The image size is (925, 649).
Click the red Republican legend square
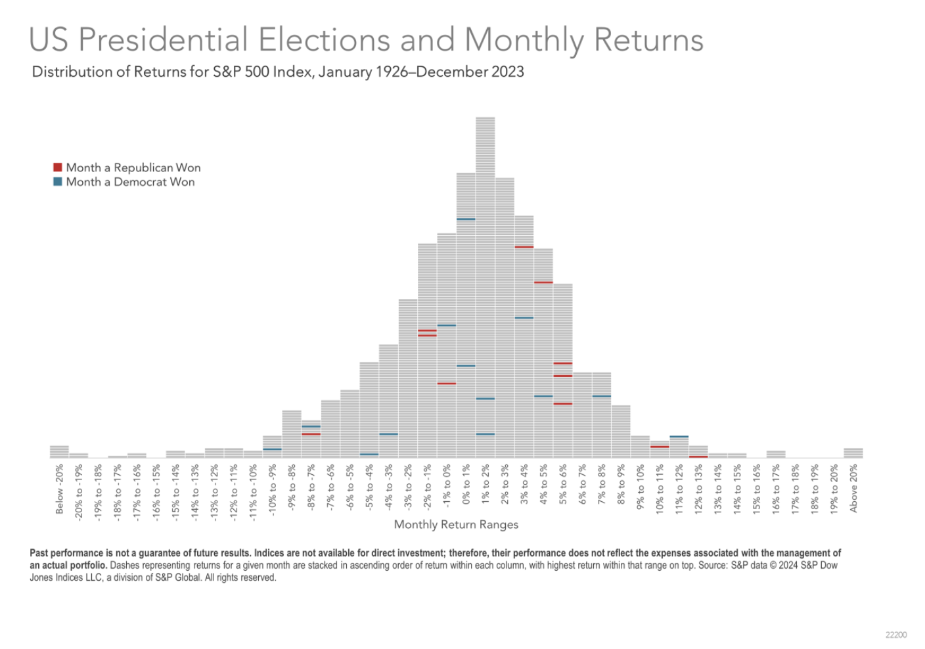coord(58,168)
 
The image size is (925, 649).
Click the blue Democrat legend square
coord(58,182)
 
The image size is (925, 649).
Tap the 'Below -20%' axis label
coord(59,489)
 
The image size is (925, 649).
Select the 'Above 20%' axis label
coord(853,489)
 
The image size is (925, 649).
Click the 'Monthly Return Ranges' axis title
coord(456,524)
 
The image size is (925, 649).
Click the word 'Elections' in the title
coord(325,39)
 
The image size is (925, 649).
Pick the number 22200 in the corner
coord(895,635)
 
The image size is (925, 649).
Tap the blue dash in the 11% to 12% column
coord(679,436)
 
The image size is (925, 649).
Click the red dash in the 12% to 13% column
coord(698,456)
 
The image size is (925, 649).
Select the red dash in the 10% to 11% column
coord(660,447)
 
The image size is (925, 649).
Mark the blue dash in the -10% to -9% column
coord(272,449)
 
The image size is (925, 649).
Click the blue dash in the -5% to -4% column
coord(369,454)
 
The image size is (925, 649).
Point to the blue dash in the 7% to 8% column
coord(601,396)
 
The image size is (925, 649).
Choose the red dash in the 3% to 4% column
coord(524,247)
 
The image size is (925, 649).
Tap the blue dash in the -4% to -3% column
coord(388,434)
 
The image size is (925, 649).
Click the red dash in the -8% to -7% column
coord(311,434)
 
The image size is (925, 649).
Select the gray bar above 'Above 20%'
coord(853,453)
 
